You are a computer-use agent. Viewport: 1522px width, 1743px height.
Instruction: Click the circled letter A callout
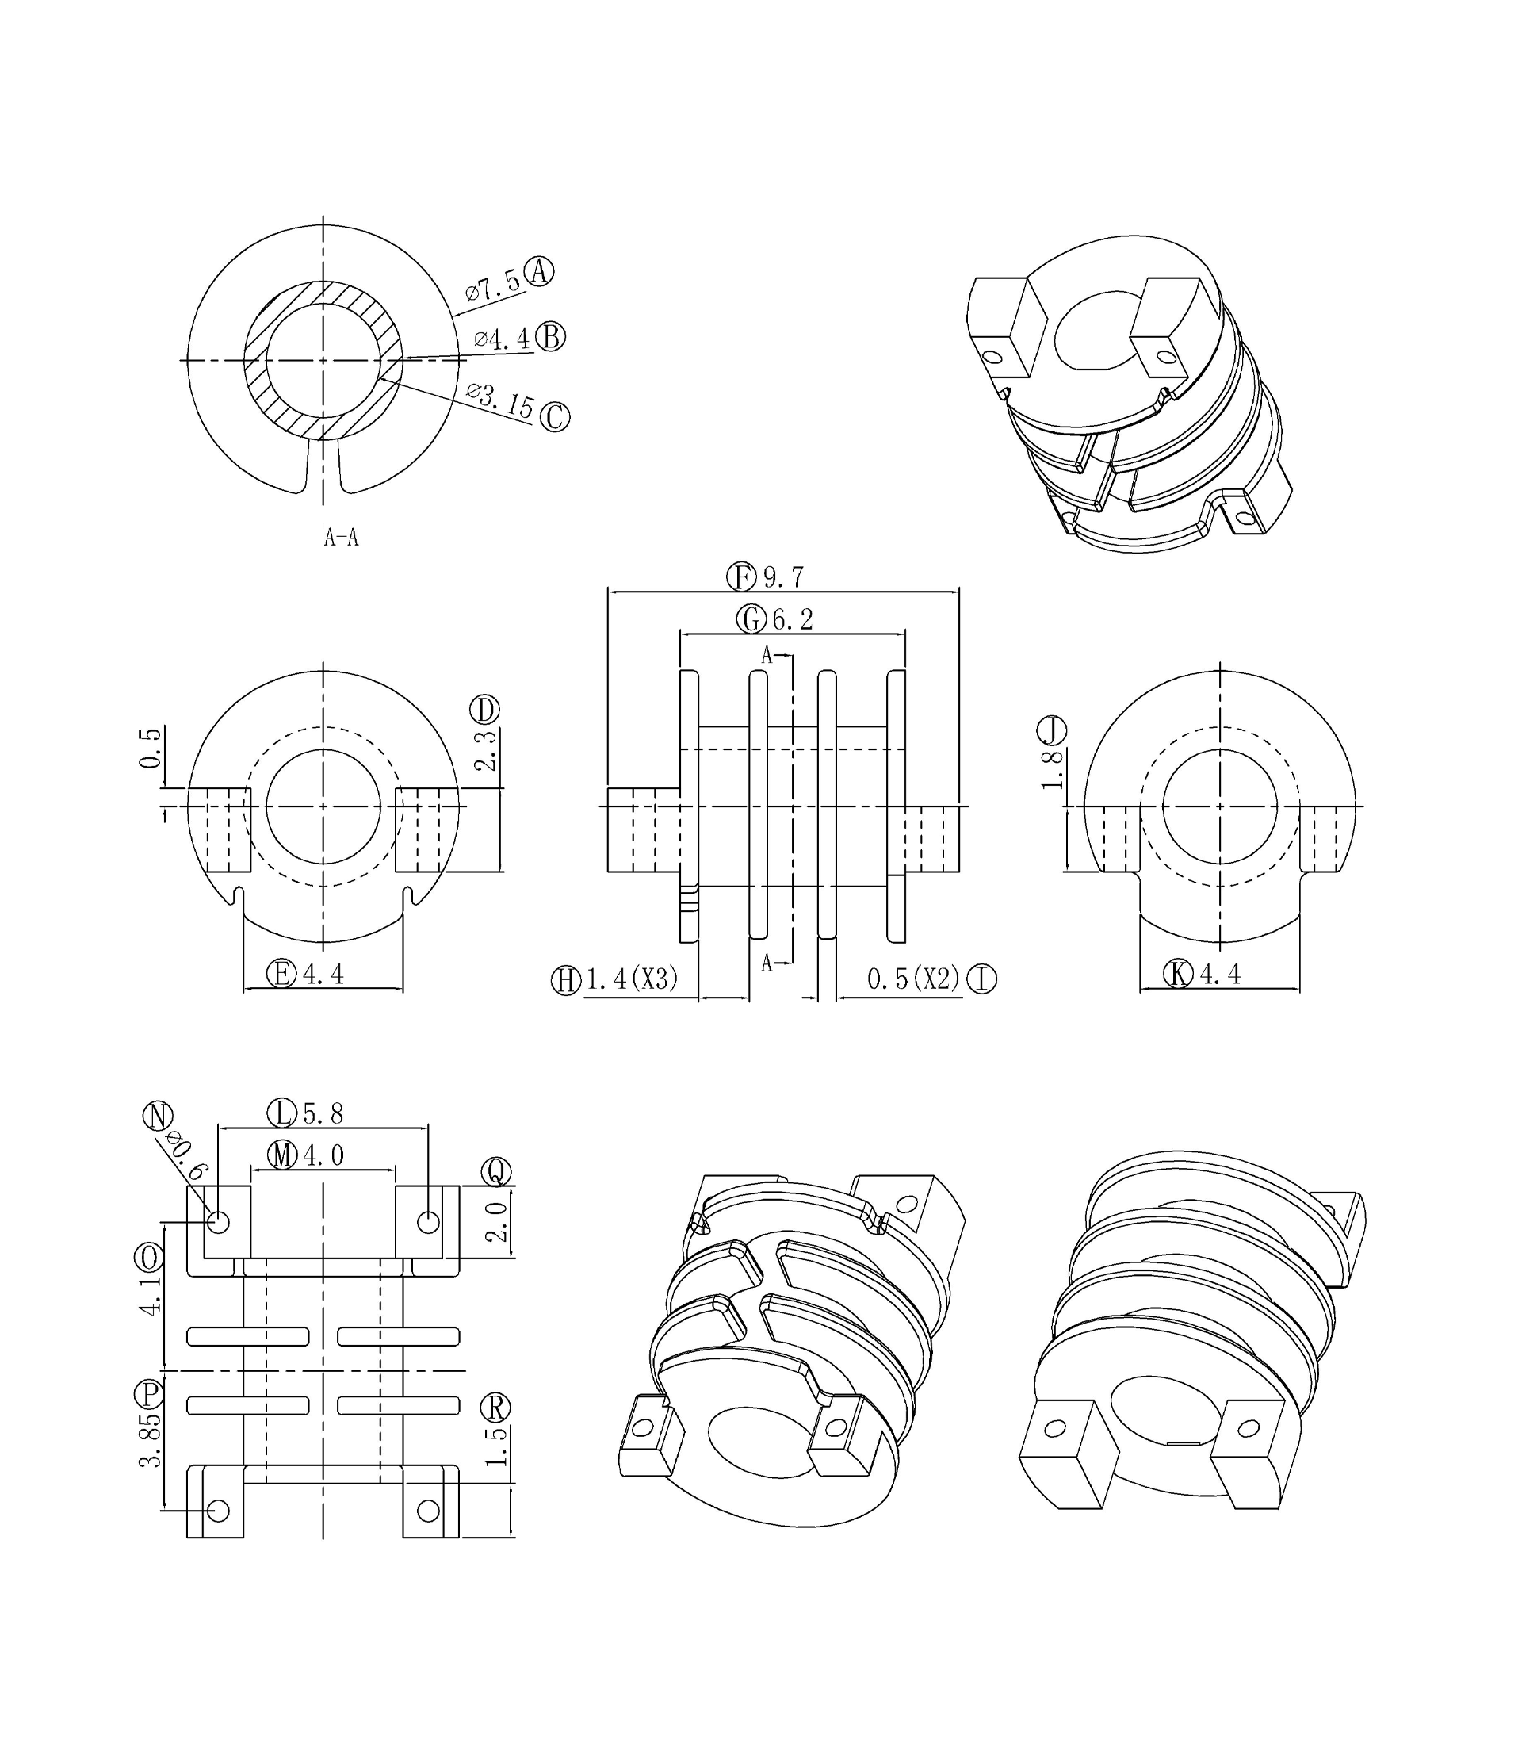[538, 272]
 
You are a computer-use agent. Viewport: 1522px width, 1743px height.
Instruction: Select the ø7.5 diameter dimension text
[492, 287]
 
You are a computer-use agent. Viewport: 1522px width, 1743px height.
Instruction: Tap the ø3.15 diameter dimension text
[500, 401]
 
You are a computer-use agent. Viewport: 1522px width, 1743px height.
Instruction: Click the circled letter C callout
[555, 417]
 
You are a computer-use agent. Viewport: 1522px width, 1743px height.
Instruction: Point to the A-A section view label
[342, 537]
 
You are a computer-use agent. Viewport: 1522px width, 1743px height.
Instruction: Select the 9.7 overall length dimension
[783, 577]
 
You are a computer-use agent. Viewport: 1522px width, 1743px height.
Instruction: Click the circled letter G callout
[751, 619]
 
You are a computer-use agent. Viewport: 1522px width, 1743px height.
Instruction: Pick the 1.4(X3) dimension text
[632, 979]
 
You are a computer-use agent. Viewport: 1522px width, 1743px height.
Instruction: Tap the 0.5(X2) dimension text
[913, 979]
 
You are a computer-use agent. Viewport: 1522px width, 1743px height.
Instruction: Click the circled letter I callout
[982, 979]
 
